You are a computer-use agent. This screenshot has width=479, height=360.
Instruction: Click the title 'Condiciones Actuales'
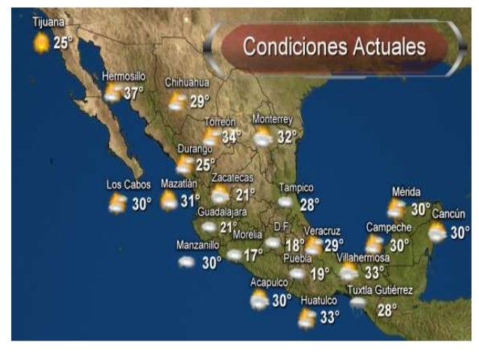click(x=334, y=47)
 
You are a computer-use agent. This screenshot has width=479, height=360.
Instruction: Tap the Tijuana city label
click(x=49, y=23)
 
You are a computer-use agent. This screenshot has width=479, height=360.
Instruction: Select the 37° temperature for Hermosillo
click(x=134, y=93)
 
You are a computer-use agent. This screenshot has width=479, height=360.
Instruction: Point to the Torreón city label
click(x=220, y=122)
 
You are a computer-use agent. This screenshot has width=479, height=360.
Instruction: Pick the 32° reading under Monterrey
click(x=287, y=137)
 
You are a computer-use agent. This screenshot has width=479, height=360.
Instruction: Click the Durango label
click(x=194, y=149)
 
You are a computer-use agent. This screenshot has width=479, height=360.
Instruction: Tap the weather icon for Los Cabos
click(x=117, y=203)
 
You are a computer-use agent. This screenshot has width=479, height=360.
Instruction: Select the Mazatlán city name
click(x=179, y=183)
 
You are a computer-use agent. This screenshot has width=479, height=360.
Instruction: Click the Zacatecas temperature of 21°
click(x=246, y=195)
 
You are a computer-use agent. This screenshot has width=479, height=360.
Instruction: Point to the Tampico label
click(x=296, y=188)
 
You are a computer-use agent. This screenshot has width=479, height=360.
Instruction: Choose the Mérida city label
click(x=406, y=192)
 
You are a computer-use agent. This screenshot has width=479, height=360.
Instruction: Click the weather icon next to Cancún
click(x=437, y=232)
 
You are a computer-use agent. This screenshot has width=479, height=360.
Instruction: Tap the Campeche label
click(x=388, y=228)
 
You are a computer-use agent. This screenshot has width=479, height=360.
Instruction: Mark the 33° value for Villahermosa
click(x=375, y=272)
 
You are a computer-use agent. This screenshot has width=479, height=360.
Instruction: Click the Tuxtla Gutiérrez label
click(x=380, y=291)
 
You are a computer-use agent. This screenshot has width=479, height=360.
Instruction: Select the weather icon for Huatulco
click(x=306, y=319)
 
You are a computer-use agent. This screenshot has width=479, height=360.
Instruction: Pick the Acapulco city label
click(x=269, y=283)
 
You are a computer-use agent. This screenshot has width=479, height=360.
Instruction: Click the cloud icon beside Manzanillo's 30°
click(x=186, y=262)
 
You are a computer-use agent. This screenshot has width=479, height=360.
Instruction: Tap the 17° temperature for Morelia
click(x=253, y=255)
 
